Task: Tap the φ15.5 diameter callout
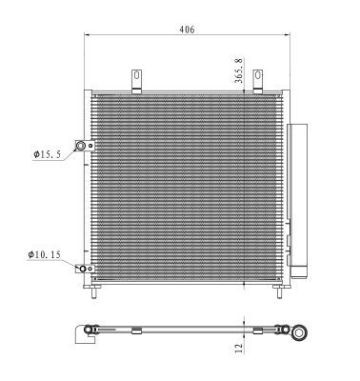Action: pyautogui.click(x=46, y=151)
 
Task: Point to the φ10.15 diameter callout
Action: pyautogui.click(x=45, y=255)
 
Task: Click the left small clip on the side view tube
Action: pyautogui.click(x=136, y=331)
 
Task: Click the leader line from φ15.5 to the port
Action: pyautogui.click(x=69, y=152)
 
